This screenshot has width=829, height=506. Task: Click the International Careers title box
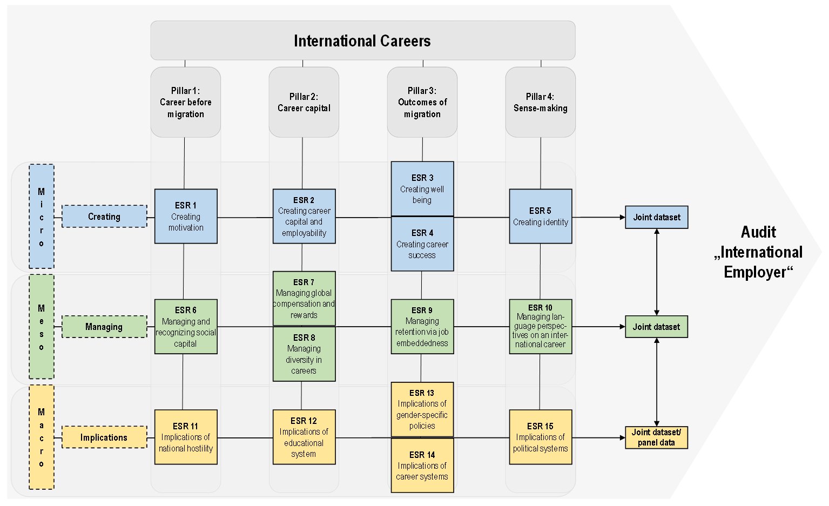tap(363, 41)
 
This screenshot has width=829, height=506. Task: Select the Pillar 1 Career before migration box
tap(185, 102)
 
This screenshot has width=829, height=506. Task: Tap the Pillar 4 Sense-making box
tap(540, 102)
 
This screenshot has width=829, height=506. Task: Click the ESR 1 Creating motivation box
tap(186, 216)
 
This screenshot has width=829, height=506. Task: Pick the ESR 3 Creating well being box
tap(422, 189)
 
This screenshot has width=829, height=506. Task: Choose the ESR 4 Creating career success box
tap(422, 244)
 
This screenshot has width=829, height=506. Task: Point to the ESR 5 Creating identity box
tap(540, 216)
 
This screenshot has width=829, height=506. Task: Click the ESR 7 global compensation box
tap(304, 299)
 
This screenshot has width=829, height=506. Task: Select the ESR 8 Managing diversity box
tap(304, 354)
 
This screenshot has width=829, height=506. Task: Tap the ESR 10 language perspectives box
tap(540, 327)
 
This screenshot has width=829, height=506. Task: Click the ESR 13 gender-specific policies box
tap(422, 410)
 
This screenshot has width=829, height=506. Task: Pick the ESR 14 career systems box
tap(422, 465)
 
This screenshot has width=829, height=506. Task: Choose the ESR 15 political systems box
tap(540, 437)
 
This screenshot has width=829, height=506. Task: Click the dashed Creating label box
tap(104, 217)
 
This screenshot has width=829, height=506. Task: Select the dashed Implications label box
tap(104, 437)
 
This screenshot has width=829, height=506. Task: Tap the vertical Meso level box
tap(42, 327)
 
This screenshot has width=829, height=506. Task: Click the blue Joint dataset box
tap(657, 217)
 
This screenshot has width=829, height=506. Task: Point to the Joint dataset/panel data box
tap(657, 437)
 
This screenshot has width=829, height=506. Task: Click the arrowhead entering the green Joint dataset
tap(623, 327)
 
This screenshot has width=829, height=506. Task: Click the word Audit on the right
tap(758, 232)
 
